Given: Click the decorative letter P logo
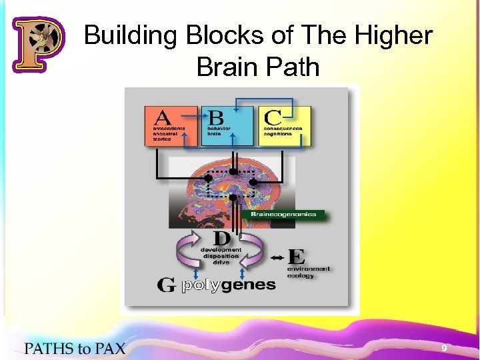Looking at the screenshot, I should [38, 44].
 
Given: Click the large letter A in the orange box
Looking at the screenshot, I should [163, 119].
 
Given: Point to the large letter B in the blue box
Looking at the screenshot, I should [216, 118].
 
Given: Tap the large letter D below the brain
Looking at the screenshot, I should [222, 238].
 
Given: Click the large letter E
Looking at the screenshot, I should [297, 257].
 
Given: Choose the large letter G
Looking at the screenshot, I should [167, 285].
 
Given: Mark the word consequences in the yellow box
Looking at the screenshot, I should [283, 129].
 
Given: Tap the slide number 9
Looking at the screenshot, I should [443, 348].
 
